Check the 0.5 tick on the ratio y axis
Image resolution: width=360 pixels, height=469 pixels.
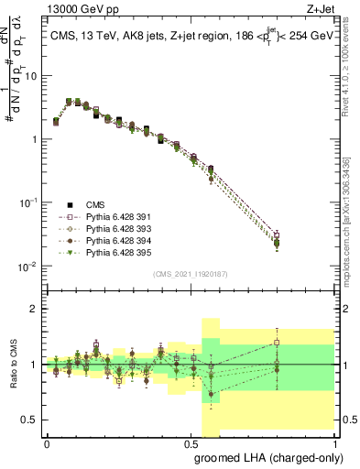click(33, 420)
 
